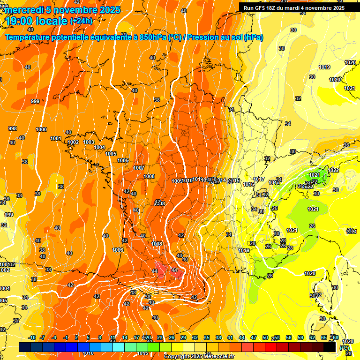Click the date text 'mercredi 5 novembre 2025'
[x=63, y=10]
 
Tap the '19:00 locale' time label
[x=37, y=21]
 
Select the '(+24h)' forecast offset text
[x=81, y=21]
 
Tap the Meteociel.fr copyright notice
[x=199, y=356]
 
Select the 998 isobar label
[x=13, y=128]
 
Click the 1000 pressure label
[x=41, y=129]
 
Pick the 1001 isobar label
[x=56, y=138]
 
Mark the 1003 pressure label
[x=89, y=142]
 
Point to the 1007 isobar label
[x=138, y=168]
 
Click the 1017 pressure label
[x=259, y=180]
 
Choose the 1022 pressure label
[x=334, y=170]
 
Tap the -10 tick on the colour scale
[x=32, y=337]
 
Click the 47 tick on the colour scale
[x=254, y=337]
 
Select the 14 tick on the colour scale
[x=125, y=337]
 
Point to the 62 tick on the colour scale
[x=312, y=337]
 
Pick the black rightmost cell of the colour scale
[x=330, y=347]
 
